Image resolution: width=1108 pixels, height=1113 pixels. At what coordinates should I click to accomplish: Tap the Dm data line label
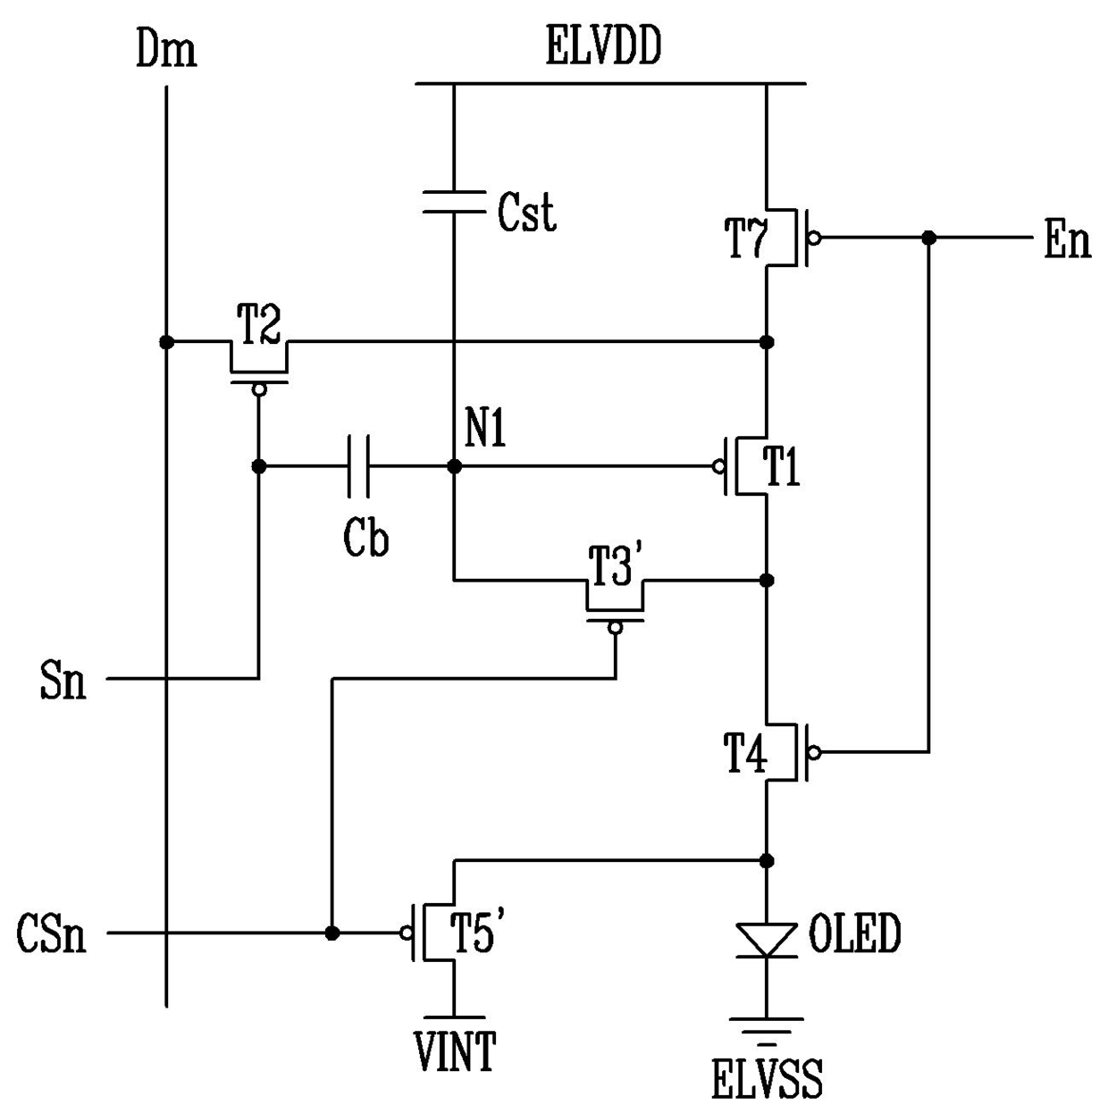[x=166, y=49]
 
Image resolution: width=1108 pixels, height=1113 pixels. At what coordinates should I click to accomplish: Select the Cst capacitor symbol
[x=454, y=202]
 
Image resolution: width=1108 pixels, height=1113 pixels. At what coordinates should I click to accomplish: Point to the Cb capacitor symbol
[x=358, y=466]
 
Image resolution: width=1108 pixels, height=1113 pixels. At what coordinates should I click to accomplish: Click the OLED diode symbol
[x=767, y=941]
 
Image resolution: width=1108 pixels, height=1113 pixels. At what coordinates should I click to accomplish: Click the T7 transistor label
[x=745, y=238]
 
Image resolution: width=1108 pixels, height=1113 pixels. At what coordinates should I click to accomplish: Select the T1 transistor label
[x=781, y=466]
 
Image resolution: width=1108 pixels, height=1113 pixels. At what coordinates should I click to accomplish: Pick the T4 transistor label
[x=745, y=753]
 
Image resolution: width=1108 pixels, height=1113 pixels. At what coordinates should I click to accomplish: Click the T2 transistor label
[x=258, y=324]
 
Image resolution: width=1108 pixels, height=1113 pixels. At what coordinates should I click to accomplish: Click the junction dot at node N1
[x=454, y=466]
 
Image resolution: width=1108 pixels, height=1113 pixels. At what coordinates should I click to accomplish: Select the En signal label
[x=1067, y=240]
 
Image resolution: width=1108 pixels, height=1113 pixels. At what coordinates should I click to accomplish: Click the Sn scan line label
[x=63, y=681]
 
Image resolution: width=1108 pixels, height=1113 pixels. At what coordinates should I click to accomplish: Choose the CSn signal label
[x=52, y=933]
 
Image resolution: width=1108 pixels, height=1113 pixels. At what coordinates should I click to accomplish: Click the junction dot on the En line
[x=928, y=238]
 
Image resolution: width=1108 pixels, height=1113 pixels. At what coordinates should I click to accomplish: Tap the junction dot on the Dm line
[x=166, y=342]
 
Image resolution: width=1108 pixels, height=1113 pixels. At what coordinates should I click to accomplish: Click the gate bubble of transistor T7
[x=814, y=238]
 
